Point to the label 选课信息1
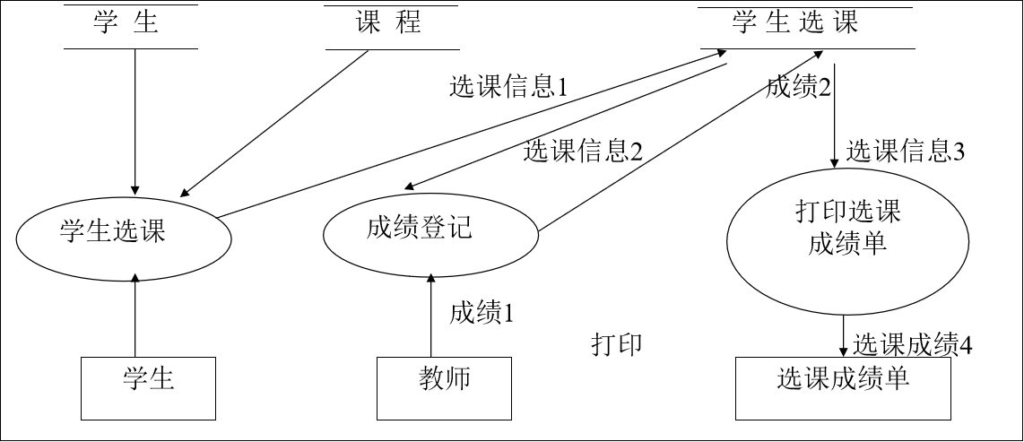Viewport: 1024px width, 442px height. (x=508, y=88)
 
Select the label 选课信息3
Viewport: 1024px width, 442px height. (x=905, y=152)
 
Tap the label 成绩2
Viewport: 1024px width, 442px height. (x=799, y=88)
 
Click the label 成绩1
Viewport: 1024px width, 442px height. (x=482, y=313)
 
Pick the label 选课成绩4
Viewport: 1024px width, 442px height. (x=913, y=345)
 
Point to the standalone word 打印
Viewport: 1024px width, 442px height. (x=616, y=345)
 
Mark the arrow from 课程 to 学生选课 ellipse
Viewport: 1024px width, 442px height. (x=274, y=123)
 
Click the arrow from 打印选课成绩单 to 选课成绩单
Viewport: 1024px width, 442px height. (x=843, y=334)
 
